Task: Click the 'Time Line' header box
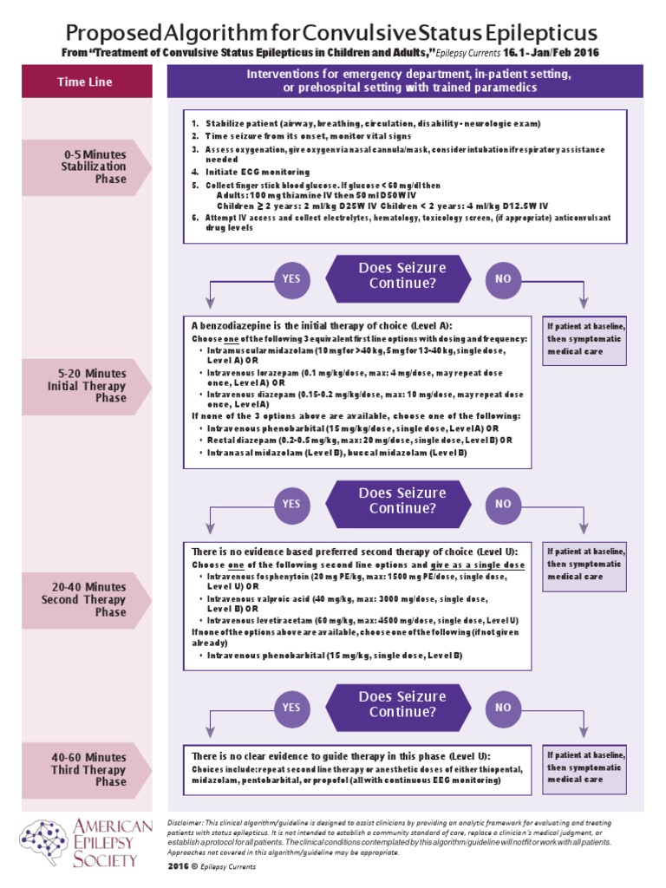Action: pos(84,82)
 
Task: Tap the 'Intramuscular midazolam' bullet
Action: pos(356,355)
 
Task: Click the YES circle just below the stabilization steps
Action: pos(291,278)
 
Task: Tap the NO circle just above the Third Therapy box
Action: pos(503,708)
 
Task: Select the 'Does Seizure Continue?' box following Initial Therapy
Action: pos(397,502)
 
